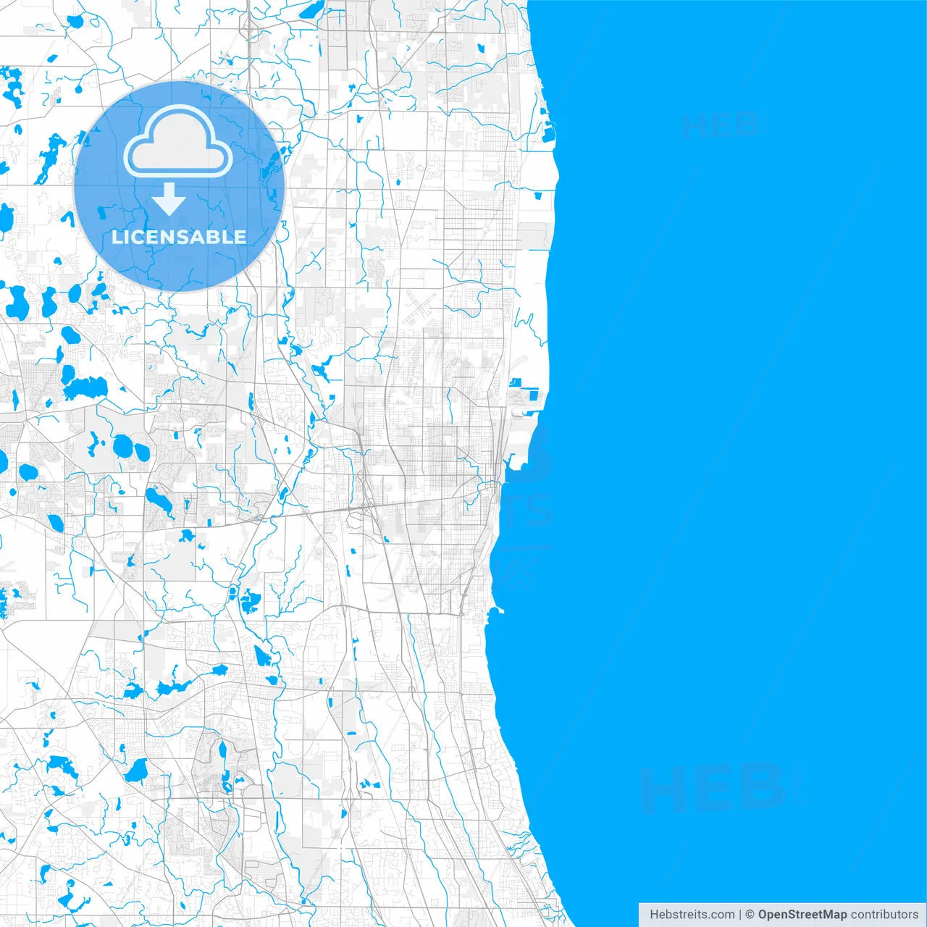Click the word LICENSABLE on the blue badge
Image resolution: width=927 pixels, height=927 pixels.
pos(179,237)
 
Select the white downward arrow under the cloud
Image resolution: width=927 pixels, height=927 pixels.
pos(169,199)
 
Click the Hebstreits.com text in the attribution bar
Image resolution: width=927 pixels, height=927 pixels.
pos(692,915)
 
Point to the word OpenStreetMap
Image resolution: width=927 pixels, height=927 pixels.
pos(802,915)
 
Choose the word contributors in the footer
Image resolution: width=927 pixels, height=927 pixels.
pos(884,915)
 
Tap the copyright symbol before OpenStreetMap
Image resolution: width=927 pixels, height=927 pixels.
pos(750,915)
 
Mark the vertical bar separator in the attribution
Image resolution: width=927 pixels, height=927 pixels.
pos(740,915)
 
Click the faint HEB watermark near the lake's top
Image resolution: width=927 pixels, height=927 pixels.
pos(721,125)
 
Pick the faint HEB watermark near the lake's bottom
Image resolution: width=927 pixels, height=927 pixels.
pos(713,788)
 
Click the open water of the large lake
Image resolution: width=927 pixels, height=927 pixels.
pos(724,435)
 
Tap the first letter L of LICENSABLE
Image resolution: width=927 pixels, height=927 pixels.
pos(116,237)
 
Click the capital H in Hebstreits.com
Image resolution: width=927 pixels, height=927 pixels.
pos(654,915)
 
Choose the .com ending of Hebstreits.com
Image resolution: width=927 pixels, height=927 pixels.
pos(721,915)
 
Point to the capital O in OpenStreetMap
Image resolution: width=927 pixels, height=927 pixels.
pos(763,915)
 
